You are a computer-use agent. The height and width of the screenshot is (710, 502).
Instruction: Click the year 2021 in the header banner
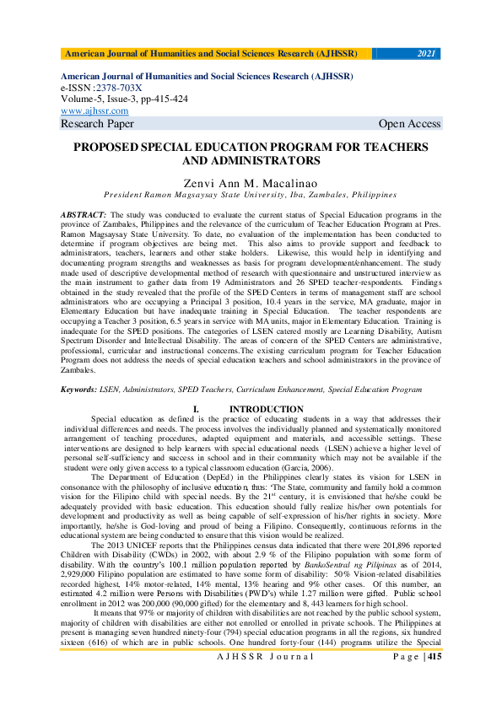427,54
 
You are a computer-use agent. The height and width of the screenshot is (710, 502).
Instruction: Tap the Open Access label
409,124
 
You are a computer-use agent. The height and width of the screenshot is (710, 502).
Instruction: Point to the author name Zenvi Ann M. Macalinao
251,181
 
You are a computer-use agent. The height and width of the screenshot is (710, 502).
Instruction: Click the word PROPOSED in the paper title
112,147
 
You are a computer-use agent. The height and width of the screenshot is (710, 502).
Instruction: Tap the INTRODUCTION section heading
267,410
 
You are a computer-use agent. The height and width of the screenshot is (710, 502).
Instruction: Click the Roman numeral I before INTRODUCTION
196,410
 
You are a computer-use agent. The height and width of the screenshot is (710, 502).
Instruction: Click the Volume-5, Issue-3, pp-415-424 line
124,99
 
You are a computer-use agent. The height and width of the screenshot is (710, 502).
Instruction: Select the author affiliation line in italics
250,193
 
